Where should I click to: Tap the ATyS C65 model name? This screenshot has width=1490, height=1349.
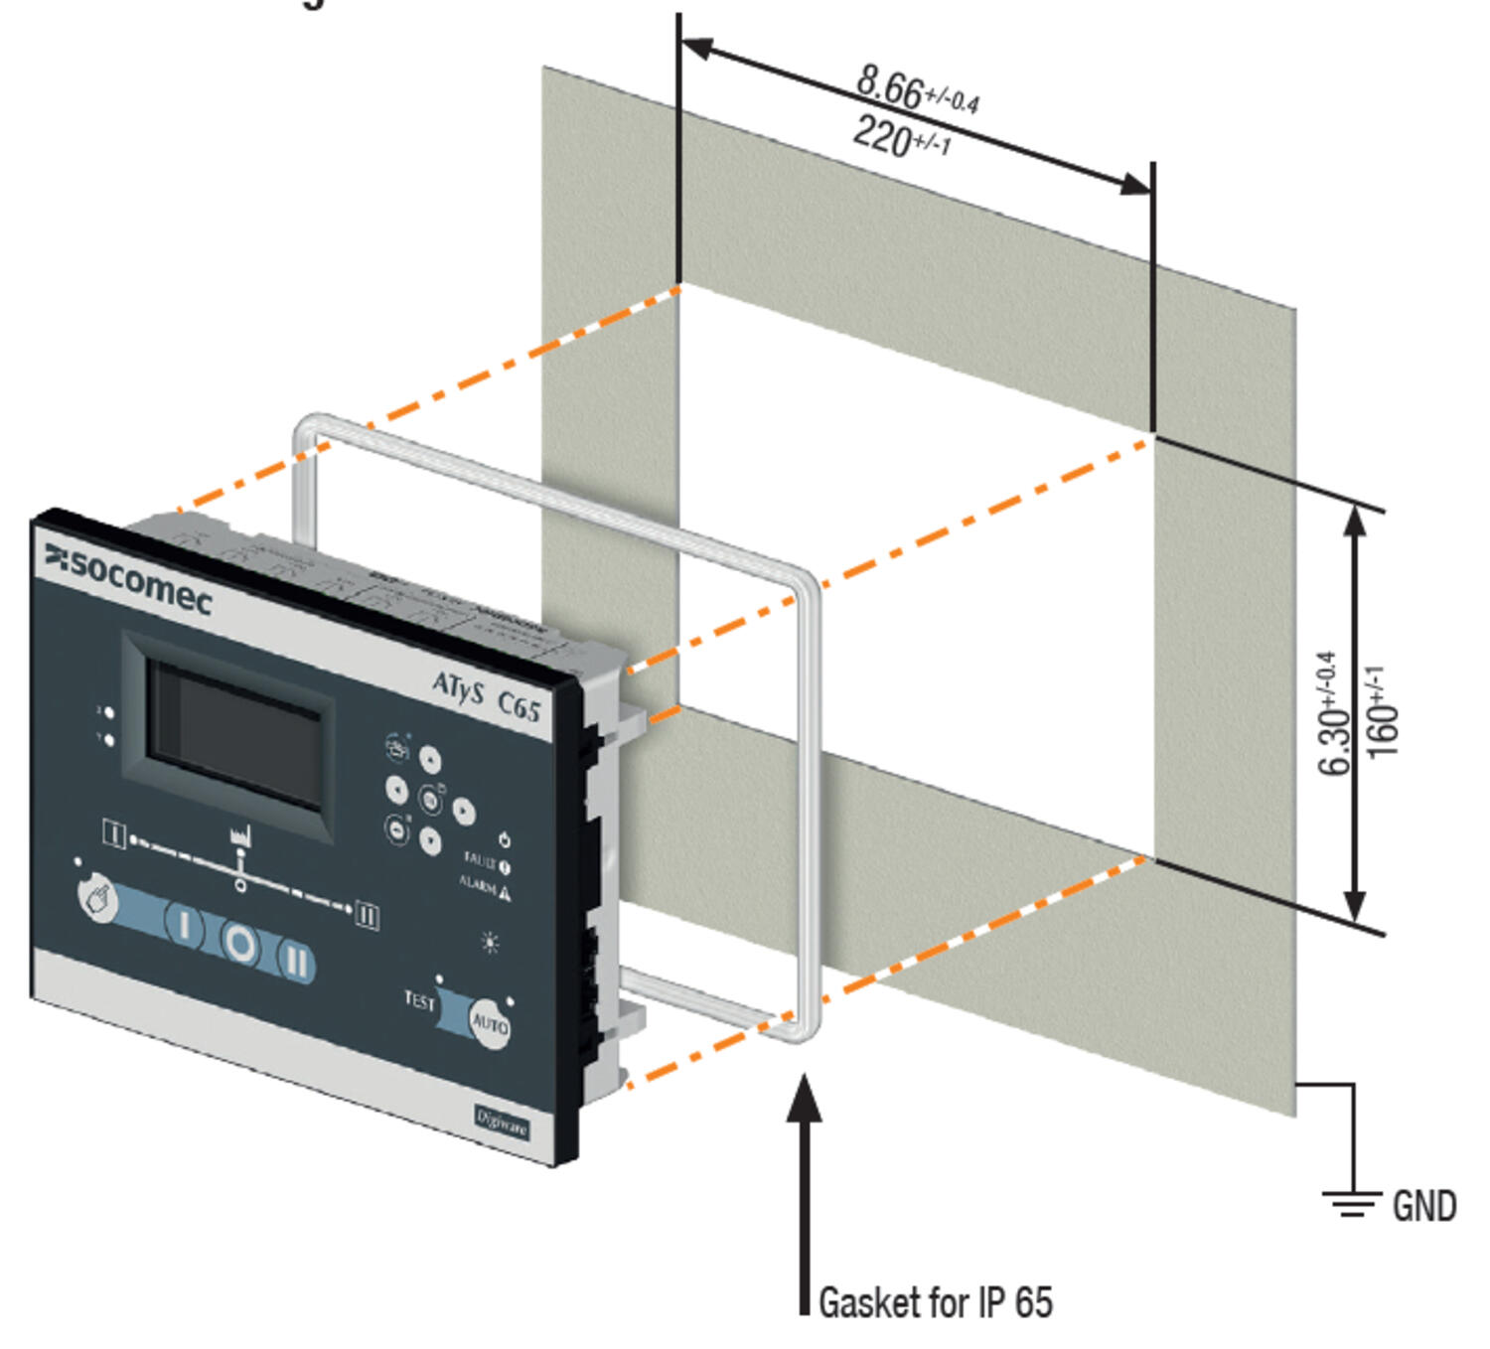(486, 695)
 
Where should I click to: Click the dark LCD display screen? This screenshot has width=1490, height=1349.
(234, 734)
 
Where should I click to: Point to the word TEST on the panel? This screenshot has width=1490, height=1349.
(419, 999)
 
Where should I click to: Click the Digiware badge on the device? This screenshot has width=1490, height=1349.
(501, 1124)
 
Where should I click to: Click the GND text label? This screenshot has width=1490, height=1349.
(1423, 1206)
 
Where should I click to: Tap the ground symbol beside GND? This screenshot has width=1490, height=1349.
(1352, 1203)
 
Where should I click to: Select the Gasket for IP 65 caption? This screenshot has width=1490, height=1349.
(935, 1301)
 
